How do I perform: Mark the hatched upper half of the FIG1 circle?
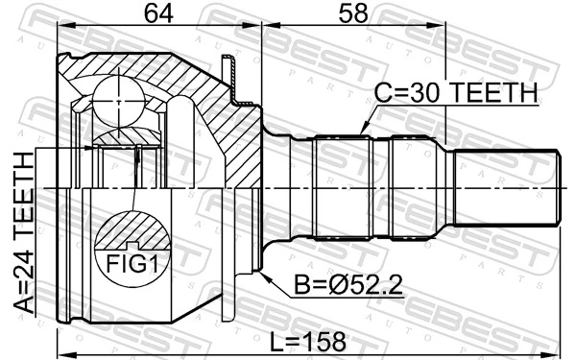[130, 233]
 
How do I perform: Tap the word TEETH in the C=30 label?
[495, 93]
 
